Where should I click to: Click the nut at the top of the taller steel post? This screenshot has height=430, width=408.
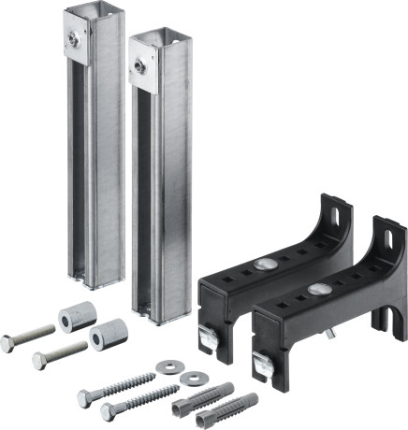coord(72,39)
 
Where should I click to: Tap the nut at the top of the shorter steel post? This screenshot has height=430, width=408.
coord(139,65)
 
